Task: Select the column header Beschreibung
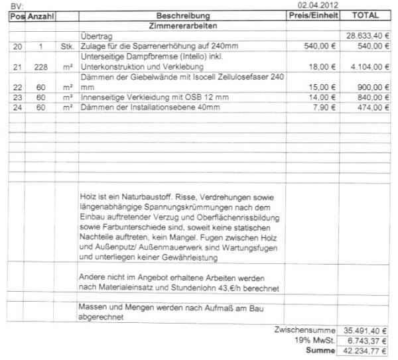(x=183, y=15)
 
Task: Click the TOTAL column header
(x=367, y=15)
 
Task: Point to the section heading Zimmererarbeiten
(x=182, y=25)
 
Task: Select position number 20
(x=17, y=46)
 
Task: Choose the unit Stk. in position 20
(x=66, y=46)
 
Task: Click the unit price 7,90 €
(x=321, y=107)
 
